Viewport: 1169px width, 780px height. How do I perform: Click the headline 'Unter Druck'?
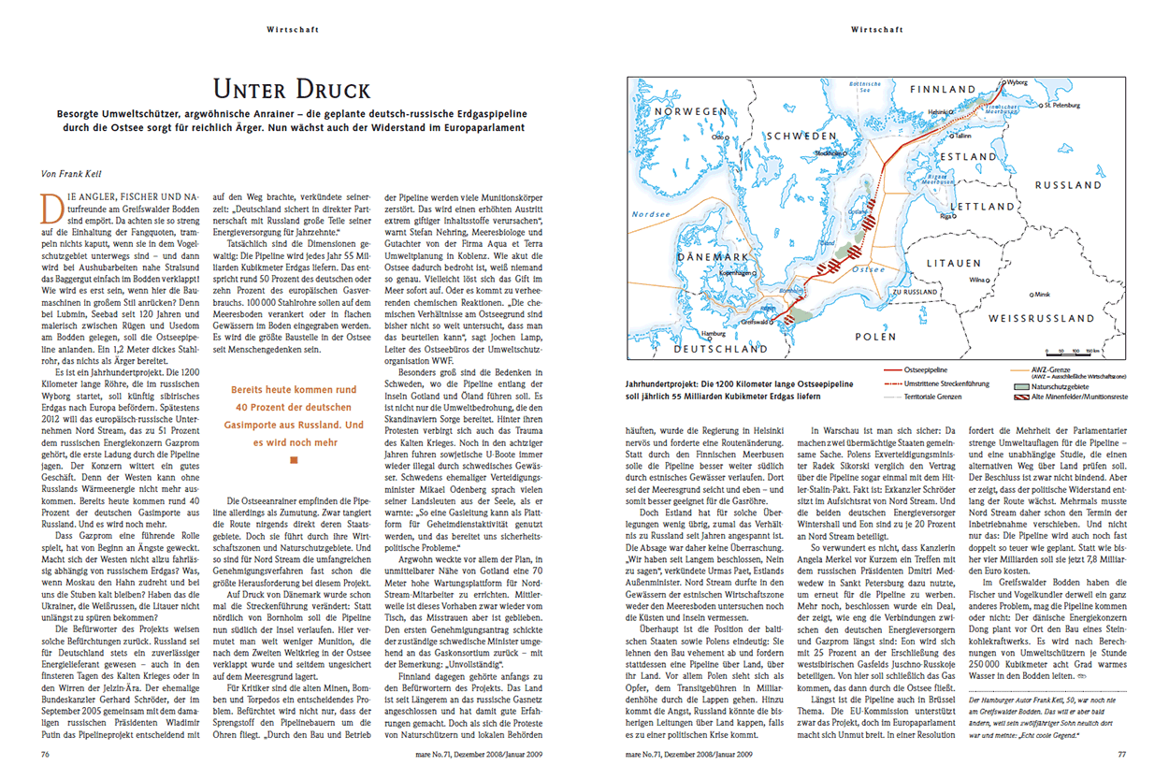(292, 90)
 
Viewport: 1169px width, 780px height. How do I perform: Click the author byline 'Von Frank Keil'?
(77, 173)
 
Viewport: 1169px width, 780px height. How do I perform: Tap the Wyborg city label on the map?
(1017, 82)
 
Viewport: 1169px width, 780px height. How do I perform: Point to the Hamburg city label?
(714, 332)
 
